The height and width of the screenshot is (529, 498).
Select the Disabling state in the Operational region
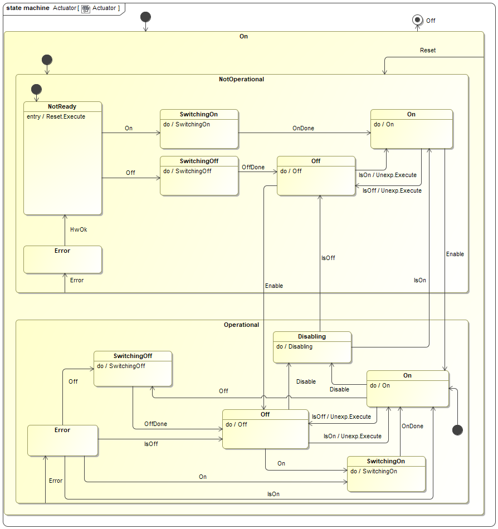click(312, 347)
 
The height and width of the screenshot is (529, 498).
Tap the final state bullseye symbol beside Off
click(417, 20)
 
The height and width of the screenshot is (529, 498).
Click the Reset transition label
click(428, 50)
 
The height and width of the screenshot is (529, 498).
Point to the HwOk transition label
click(79, 229)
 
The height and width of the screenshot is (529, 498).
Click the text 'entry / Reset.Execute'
click(56, 116)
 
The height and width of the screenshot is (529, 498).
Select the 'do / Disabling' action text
click(294, 346)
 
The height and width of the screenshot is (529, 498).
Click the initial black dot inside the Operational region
click(458, 429)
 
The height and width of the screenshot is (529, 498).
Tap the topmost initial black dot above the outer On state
click(145, 16)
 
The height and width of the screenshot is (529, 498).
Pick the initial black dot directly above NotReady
click(36, 89)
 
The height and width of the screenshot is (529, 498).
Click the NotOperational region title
click(241, 79)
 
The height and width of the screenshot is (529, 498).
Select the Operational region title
click(241, 325)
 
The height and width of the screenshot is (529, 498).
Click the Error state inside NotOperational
click(62, 259)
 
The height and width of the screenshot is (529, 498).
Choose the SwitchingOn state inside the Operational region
click(386, 474)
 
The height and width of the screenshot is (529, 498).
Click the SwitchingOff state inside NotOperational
click(199, 175)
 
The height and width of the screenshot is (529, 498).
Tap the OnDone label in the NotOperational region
click(303, 128)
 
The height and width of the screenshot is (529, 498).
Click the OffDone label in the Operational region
click(155, 424)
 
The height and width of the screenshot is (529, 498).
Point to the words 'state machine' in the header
click(28, 8)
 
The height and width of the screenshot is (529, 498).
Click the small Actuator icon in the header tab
click(86, 8)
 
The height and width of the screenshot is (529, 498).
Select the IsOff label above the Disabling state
click(328, 258)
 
